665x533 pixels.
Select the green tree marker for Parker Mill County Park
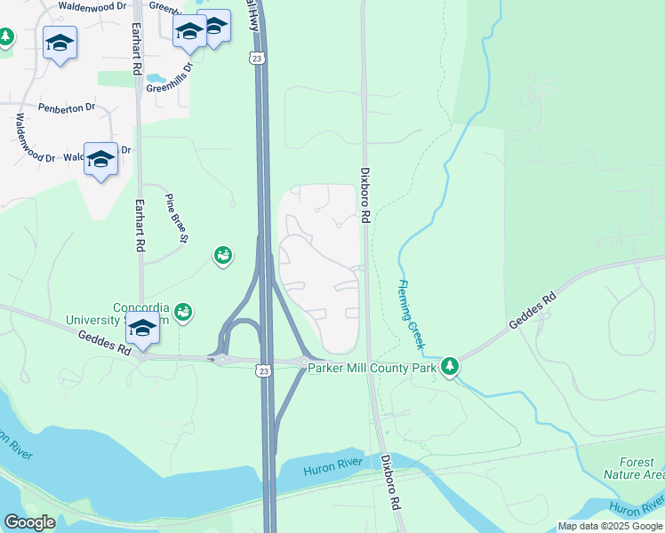click(450, 365)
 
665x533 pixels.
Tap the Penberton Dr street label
click(66, 107)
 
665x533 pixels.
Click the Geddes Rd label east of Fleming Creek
click(532, 311)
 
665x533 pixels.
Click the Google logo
click(30, 521)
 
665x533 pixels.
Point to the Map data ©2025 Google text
click(610, 526)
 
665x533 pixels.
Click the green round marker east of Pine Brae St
click(222, 256)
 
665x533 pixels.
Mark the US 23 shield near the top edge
click(257, 58)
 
